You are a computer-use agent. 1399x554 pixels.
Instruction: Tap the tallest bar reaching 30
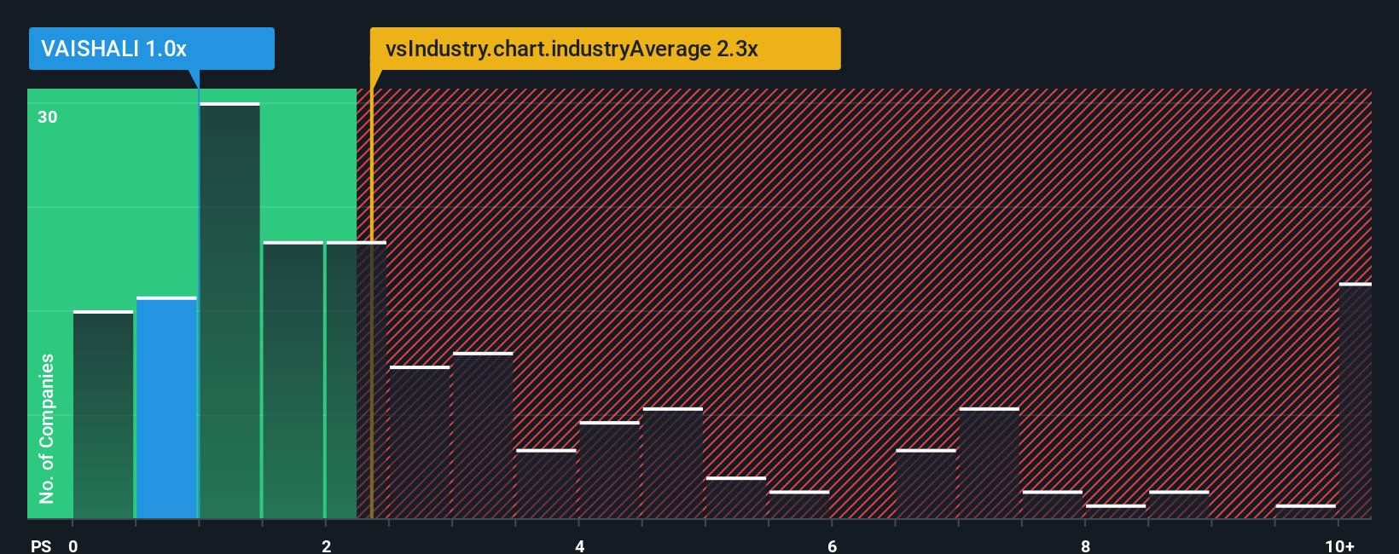click(x=229, y=311)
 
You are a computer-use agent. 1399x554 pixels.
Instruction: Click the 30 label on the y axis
click(x=48, y=118)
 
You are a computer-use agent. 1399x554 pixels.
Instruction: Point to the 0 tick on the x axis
click(x=73, y=545)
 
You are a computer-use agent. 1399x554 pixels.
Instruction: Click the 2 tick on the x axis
click(x=326, y=545)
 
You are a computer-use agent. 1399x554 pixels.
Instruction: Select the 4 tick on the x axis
click(x=579, y=545)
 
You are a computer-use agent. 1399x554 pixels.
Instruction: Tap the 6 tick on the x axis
click(x=832, y=545)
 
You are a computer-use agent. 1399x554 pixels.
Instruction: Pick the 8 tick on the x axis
click(x=1085, y=545)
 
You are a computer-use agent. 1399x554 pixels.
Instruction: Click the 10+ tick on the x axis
click(x=1339, y=545)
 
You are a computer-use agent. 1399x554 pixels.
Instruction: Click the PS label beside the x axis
click(x=41, y=545)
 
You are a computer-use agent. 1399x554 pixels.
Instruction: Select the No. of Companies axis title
click(x=47, y=428)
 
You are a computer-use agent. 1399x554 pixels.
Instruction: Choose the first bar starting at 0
click(x=103, y=415)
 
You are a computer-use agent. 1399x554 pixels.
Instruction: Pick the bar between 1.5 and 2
click(x=293, y=380)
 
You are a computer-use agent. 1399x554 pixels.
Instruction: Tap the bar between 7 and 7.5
click(x=989, y=464)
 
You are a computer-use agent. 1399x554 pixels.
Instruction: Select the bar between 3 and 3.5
click(x=483, y=436)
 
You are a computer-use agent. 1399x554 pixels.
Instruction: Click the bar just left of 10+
click(x=1305, y=511)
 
